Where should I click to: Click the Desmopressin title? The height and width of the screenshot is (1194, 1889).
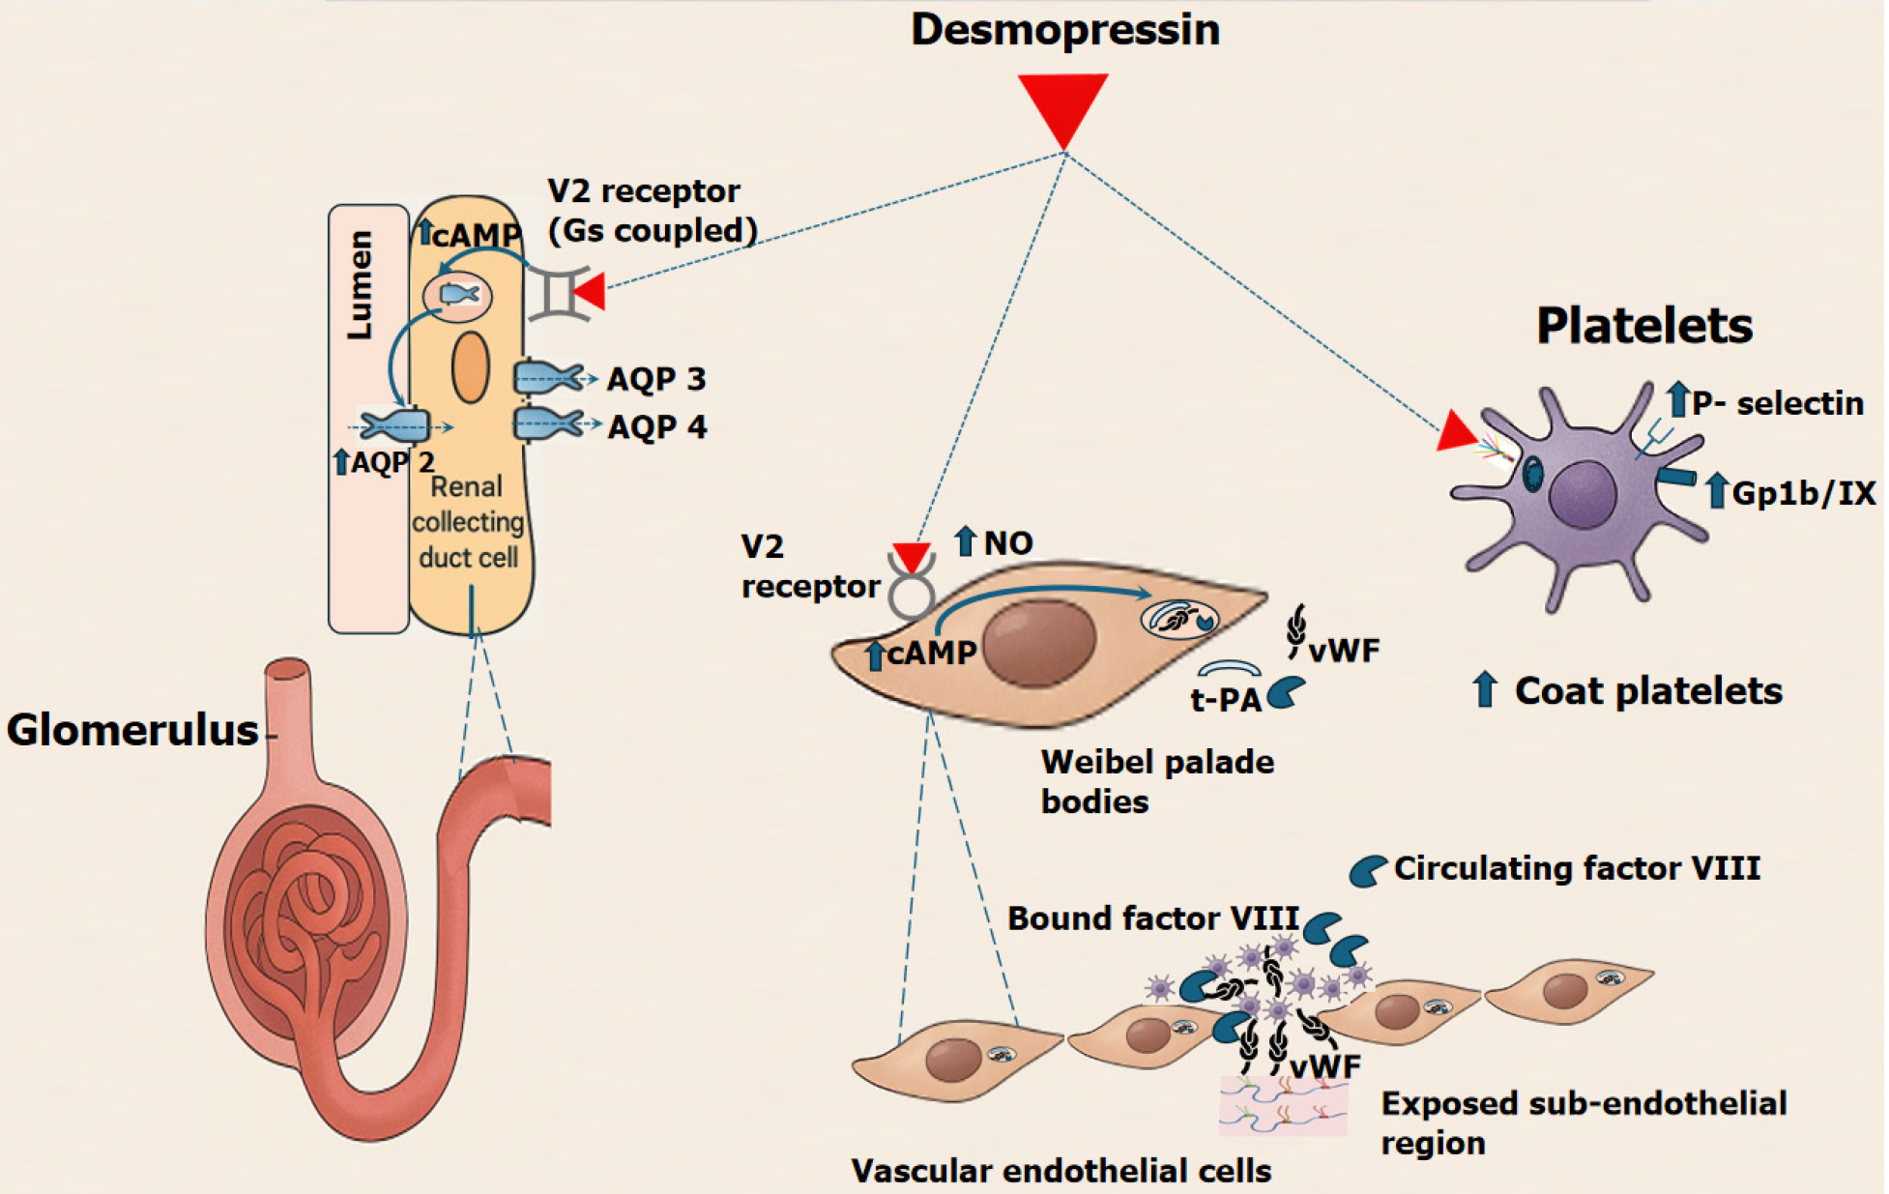coord(1064,29)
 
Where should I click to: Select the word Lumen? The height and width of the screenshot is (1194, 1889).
coord(360,285)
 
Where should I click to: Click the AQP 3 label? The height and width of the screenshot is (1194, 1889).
coord(656,379)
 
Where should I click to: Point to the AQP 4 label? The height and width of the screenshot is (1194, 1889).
coord(657,426)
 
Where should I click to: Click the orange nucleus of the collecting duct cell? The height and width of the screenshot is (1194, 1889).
coord(471,367)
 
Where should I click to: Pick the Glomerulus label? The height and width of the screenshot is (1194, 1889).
coord(132,730)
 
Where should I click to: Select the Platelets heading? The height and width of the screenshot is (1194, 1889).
coord(1643,326)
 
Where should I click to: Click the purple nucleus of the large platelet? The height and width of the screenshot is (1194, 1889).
coord(1582,494)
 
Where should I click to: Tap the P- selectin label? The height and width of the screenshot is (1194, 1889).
coord(1777,402)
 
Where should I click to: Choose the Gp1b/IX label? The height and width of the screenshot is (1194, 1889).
coord(1803,493)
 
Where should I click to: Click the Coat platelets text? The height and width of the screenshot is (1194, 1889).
coord(1647,690)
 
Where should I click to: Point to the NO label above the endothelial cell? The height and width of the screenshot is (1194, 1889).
coord(1007,543)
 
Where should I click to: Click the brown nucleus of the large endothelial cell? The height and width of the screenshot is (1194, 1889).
coord(1039,641)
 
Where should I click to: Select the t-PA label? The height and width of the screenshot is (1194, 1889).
coord(1225,698)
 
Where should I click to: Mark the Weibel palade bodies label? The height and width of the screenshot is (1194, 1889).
coord(1156,781)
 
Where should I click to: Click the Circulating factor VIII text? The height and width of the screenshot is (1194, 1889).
coord(1576,868)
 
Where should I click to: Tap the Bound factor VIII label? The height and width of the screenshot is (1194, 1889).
coord(1152,917)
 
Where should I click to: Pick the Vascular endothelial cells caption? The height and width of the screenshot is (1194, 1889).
coord(1061,1171)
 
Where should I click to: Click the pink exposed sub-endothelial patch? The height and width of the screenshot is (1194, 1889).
coord(1283,1107)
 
